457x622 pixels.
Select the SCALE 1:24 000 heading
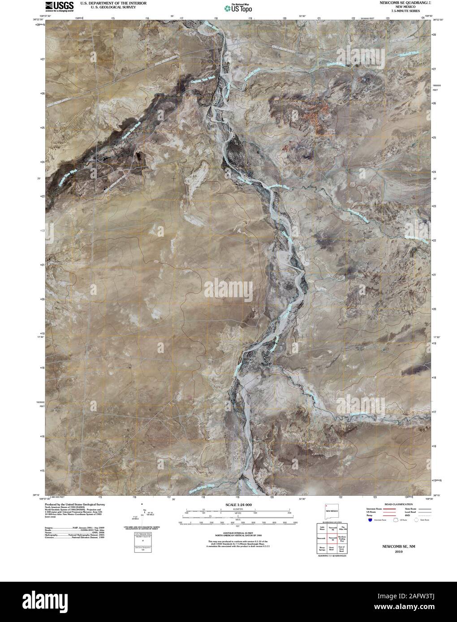coord(237,504)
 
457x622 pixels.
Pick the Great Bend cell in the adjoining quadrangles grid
coord(331,549)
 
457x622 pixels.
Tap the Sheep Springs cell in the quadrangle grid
coord(322,549)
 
